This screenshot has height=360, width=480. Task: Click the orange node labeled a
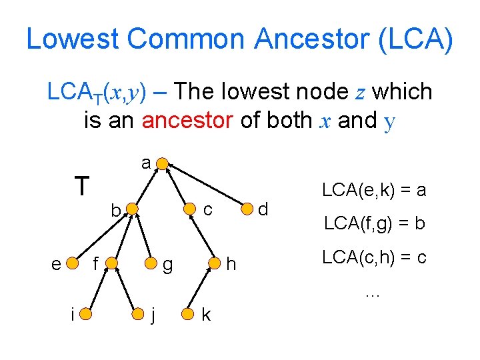click(161, 164)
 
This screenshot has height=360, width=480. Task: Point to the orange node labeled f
click(112, 265)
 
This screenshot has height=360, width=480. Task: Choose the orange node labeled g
click(153, 265)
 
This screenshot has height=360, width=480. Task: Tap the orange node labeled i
click(87, 313)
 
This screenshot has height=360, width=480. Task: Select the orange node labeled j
click(138, 313)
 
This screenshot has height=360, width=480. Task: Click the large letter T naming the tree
click(82, 186)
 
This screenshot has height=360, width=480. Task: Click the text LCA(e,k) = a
click(373, 190)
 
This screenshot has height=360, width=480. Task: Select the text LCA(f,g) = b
click(374, 223)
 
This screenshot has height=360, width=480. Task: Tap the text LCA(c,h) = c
click(374, 257)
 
